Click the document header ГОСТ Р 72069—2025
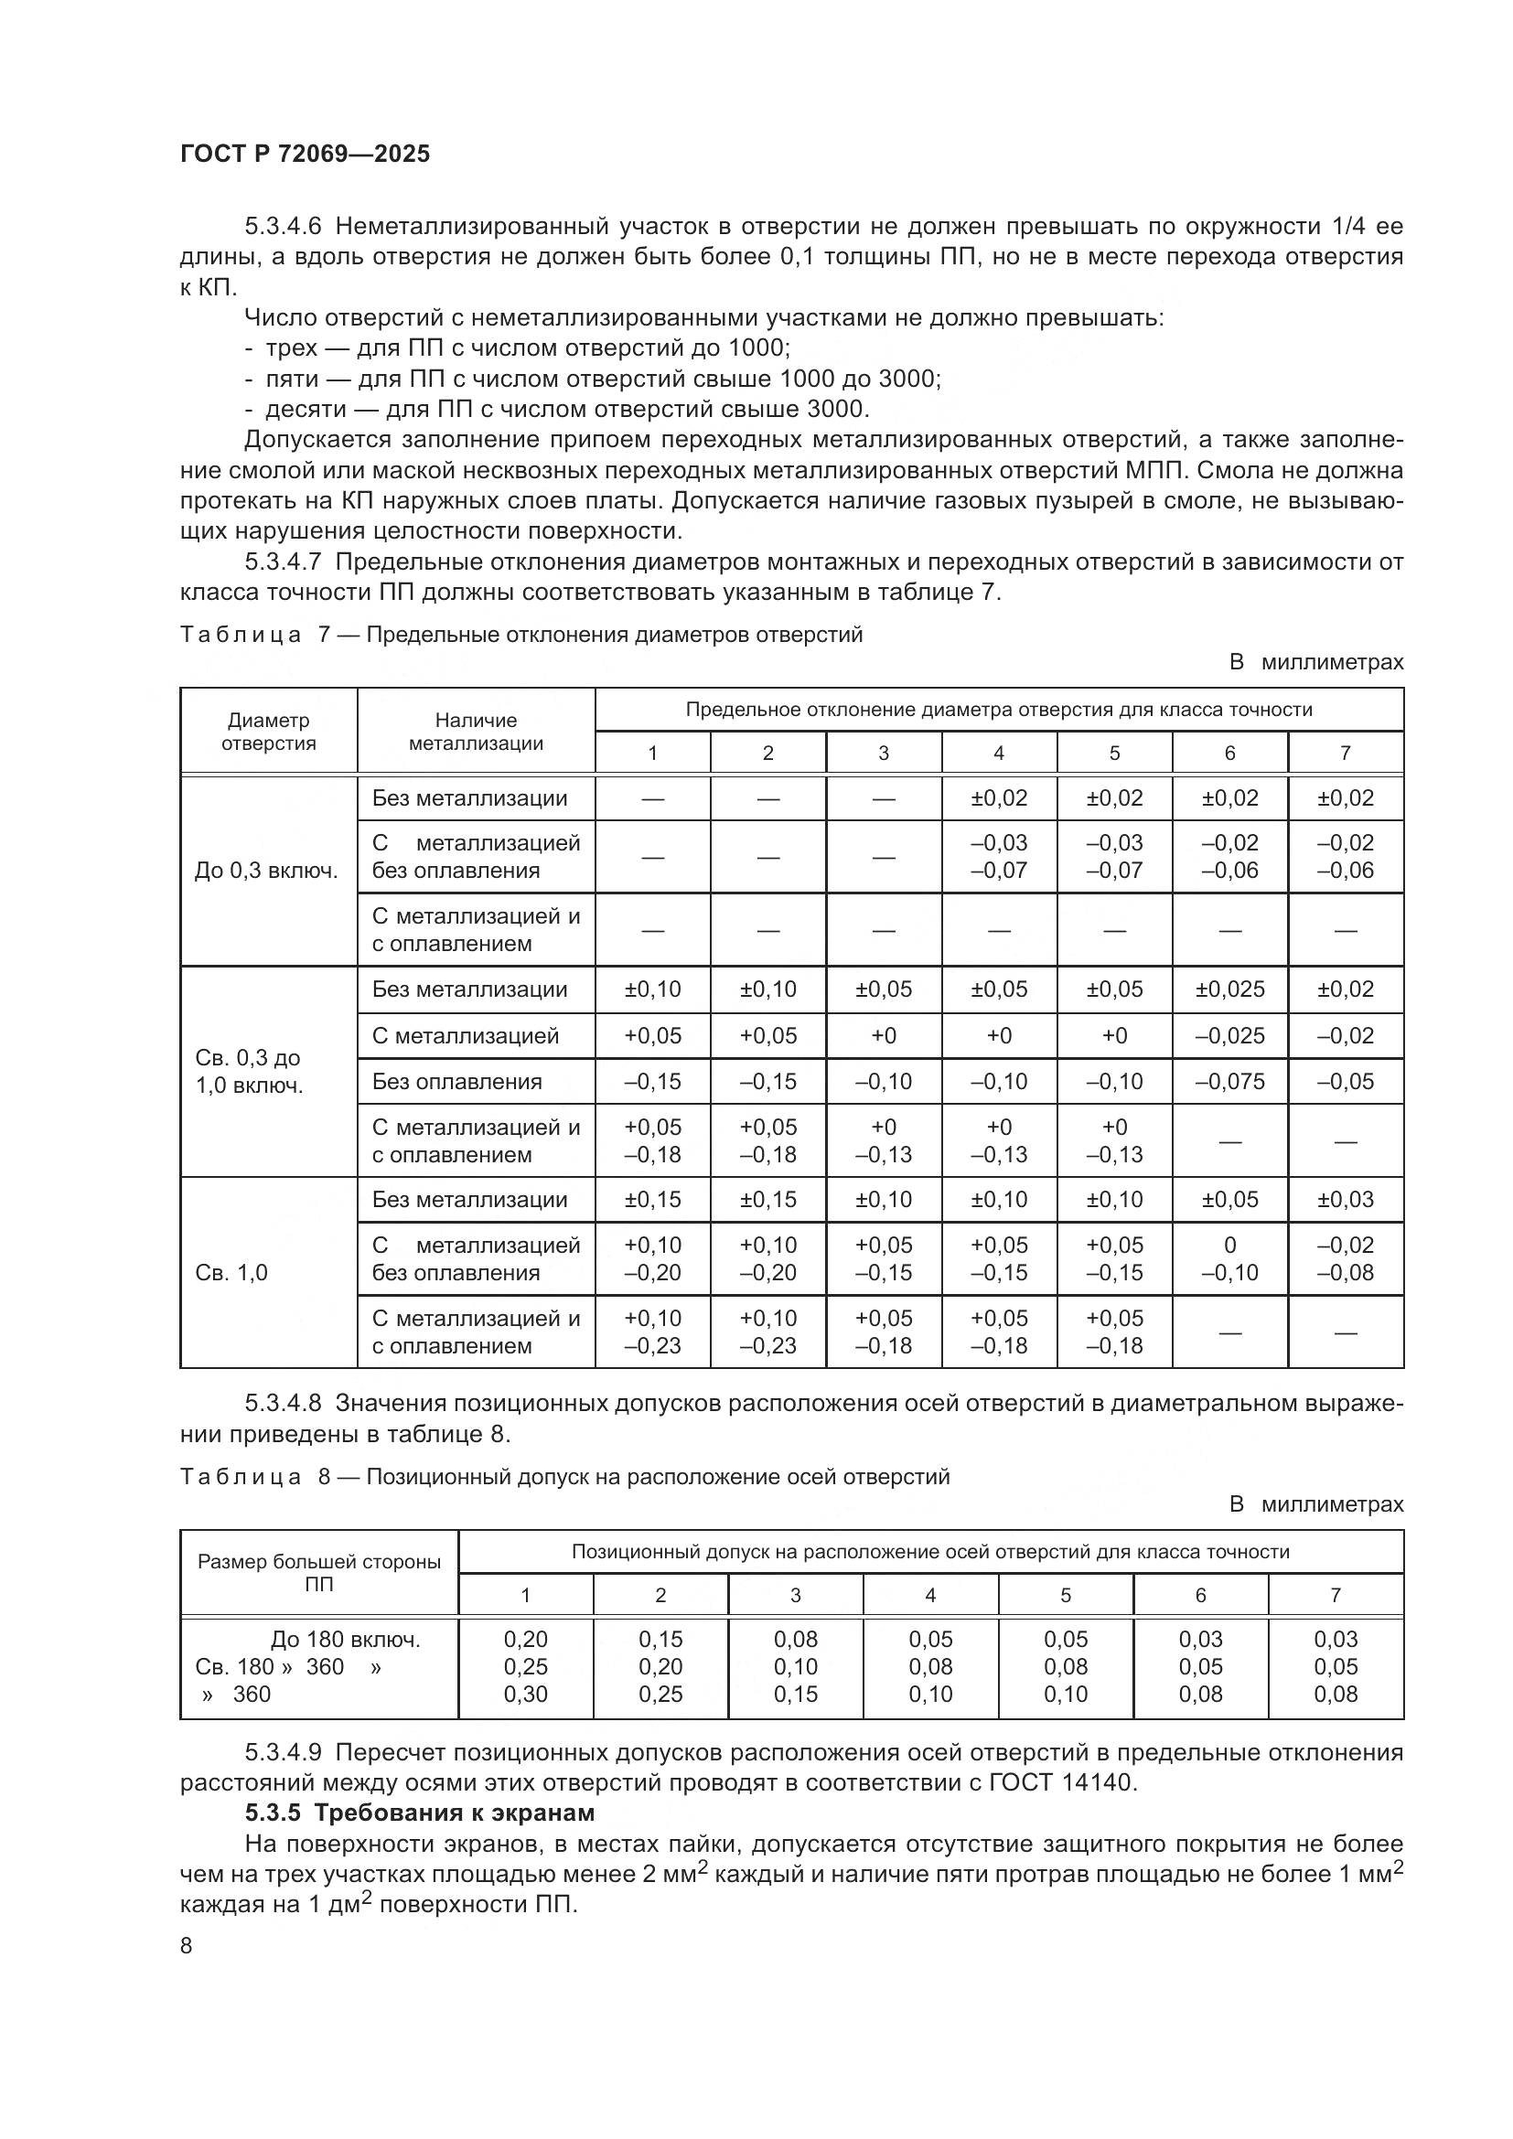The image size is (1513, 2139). (305, 154)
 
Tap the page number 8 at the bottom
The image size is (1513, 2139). (187, 1945)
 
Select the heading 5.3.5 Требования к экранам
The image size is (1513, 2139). (419, 1813)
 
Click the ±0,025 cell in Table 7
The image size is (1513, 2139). (1229, 989)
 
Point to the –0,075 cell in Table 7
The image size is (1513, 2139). (1229, 1082)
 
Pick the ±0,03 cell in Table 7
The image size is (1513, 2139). (1346, 1200)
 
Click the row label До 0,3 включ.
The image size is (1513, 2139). (266, 872)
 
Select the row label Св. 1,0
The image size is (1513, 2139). (231, 1273)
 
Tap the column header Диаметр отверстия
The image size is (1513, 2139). (268, 732)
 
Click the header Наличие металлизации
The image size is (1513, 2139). (476, 732)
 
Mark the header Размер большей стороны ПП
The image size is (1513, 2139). (318, 1573)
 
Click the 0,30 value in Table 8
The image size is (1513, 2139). (525, 1695)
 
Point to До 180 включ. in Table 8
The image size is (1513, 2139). (346, 1640)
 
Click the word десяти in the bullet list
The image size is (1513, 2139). (306, 409)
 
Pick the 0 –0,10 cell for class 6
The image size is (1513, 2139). (1229, 1258)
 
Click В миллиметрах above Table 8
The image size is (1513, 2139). (1315, 1504)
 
